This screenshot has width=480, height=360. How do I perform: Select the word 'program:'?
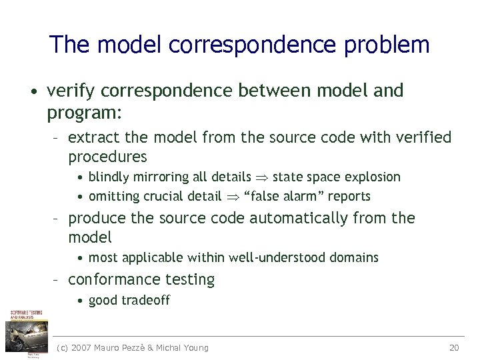(x=84, y=113)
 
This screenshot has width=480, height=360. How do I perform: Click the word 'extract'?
(x=90, y=138)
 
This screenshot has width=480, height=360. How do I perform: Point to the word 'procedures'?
(x=107, y=157)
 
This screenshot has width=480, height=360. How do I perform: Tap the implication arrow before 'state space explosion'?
(x=263, y=178)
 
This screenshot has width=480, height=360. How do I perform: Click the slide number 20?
(x=455, y=347)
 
